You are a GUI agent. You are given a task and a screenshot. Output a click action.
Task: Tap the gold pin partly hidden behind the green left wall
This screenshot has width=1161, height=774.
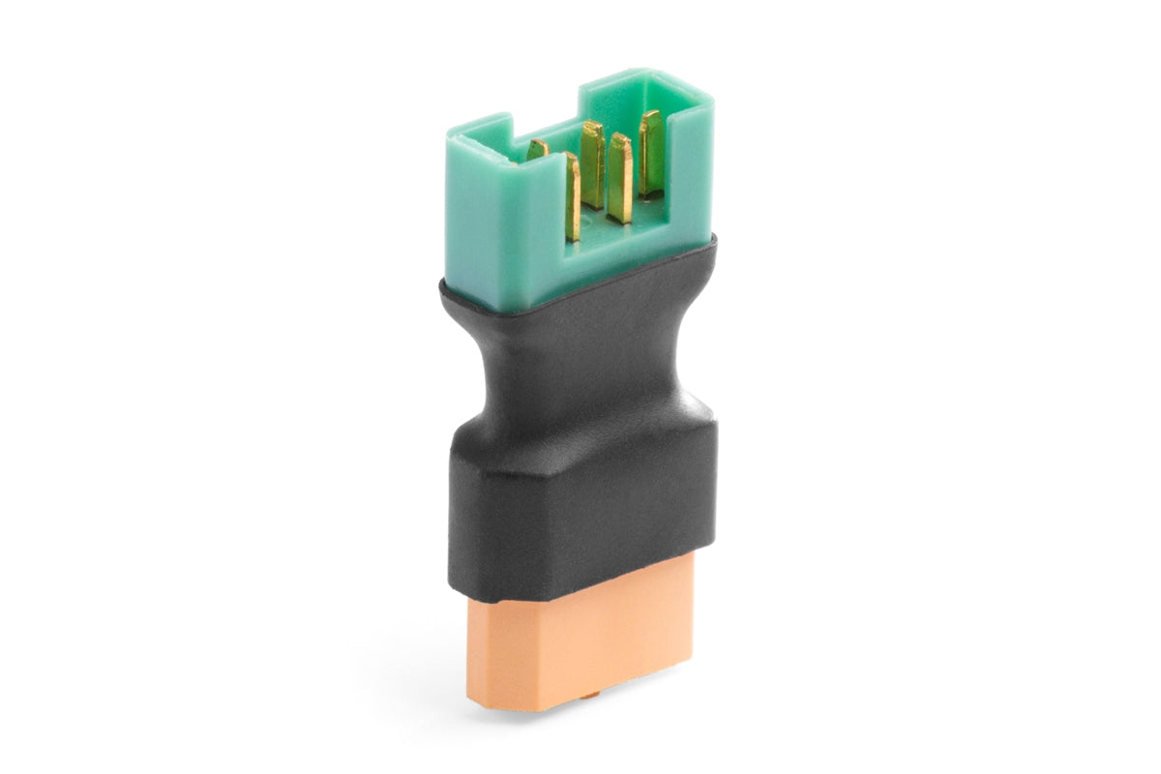pyautogui.click(x=537, y=149)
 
